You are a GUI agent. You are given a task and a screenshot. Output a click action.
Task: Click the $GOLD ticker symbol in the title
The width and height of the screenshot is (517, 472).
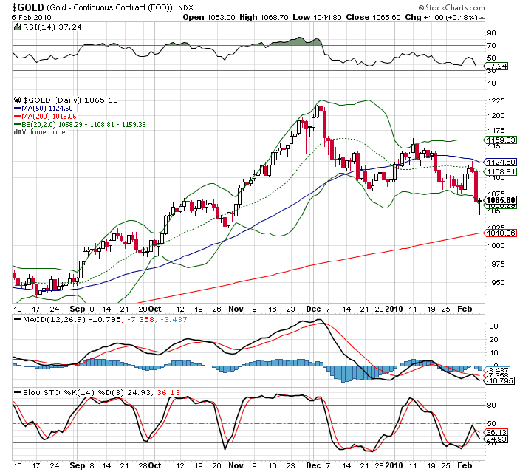coord(23,7)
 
